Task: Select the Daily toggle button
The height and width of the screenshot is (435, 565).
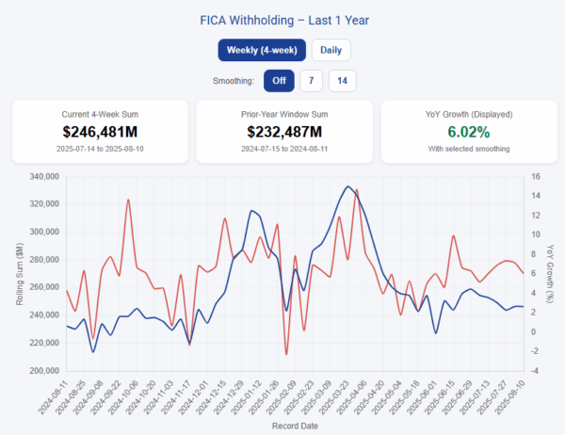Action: (331, 50)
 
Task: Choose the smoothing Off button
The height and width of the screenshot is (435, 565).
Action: (279, 81)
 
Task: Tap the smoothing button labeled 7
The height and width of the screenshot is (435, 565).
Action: (312, 81)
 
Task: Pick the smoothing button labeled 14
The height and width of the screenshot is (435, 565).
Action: (342, 81)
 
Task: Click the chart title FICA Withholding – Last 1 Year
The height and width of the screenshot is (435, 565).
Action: (282, 19)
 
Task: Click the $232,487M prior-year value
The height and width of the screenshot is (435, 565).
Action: (283, 132)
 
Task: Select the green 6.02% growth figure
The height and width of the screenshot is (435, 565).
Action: (467, 132)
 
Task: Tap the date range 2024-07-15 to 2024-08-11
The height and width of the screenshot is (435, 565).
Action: (283, 150)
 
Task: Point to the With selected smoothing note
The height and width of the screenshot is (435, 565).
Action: (467, 150)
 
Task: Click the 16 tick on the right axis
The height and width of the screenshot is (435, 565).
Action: (534, 176)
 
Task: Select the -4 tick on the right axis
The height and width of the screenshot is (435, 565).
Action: (534, 370)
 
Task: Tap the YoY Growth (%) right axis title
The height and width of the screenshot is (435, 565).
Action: (553, 273)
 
